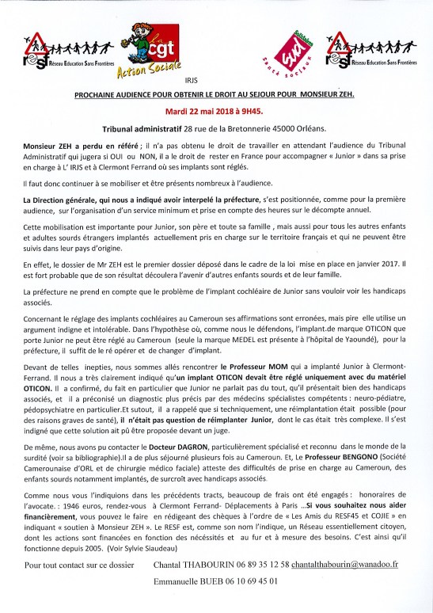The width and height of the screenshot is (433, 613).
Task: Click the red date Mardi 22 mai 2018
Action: tap(216, 111)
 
